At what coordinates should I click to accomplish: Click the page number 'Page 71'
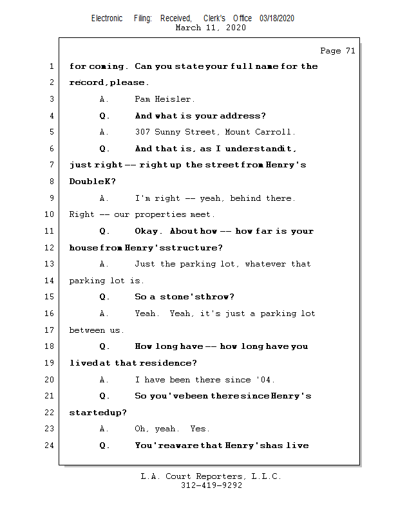pyautogui.click(x=337, y=51)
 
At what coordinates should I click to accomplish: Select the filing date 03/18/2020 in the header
pyautogui.click(x=277, y=19)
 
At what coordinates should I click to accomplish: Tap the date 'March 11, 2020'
pyautogui.click(x=211, y=28)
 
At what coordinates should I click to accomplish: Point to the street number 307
pyautogui.click(x=142, y=132)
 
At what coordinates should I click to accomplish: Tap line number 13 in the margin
pyautogui.click(x=50, y=264)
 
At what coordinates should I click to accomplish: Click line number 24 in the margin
pyautogui.click(x=50, y=445)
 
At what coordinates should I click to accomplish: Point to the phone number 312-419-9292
pyautogui.click(x=211, y=485)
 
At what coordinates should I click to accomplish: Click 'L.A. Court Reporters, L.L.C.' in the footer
pyautogui.click(x=211, y=476)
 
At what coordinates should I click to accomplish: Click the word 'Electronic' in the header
pyautogui.click(x=107, y=19)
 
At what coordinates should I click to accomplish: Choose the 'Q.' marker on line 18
pyautogui.click(x=104, y=346)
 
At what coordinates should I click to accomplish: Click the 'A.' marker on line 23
pyautogui.click(x=104, y=429)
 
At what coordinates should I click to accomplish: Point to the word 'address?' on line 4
pyautogui.click(x=243, y=116)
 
